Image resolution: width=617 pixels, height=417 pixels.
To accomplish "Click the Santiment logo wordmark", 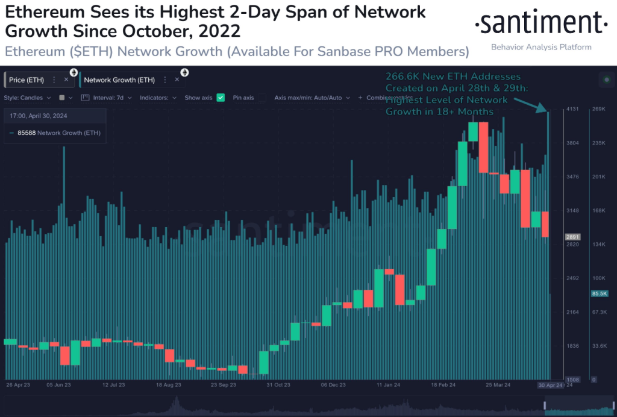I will [540, 24].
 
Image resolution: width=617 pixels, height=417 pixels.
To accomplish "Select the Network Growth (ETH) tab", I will [119, 80].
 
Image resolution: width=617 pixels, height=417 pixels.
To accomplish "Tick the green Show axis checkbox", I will [221, 98].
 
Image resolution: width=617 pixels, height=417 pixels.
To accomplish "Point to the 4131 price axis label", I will [572, 109].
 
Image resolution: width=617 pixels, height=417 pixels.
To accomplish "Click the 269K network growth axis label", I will [598, 109].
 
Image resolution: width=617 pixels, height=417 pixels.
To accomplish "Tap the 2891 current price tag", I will [572, 237].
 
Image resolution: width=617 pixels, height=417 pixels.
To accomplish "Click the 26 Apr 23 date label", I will [17, 384].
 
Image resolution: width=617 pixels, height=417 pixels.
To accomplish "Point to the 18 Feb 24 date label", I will [443, 384].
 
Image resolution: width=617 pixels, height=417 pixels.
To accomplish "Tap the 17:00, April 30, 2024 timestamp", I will [42, 116].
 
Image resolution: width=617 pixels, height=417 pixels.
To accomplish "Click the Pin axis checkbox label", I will [243, 98].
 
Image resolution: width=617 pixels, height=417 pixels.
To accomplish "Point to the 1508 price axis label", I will [572, 380].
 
